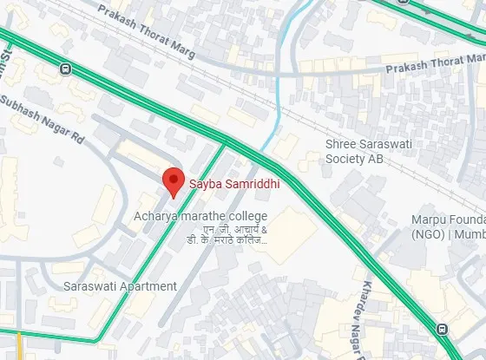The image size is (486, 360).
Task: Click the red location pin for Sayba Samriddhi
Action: tap(174, 180)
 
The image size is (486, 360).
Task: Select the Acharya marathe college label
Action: tap(200, 215)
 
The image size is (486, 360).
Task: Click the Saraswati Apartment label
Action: tap(121, 286)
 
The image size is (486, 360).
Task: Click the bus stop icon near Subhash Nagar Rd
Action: tap(66, 68)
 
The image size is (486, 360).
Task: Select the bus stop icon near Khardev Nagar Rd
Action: tap(443, 329)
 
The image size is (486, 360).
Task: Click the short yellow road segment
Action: tap(19, 345)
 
